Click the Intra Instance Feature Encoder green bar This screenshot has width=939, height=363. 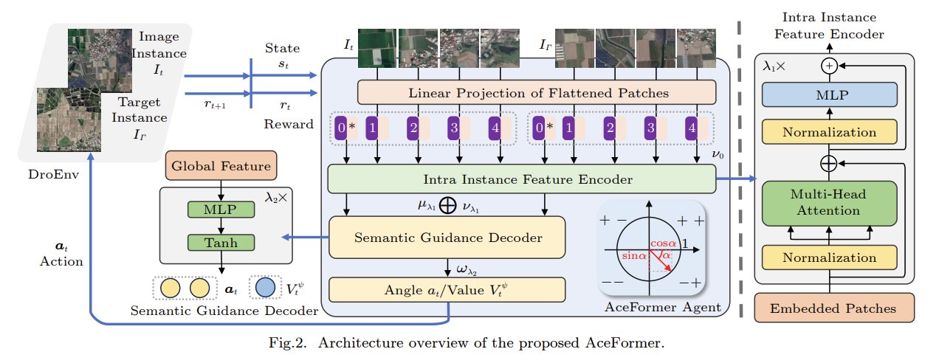(521, 179)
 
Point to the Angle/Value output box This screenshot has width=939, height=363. (447, 288)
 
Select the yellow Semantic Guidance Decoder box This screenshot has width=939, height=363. (447, 237)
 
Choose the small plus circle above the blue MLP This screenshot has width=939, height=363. (829, 66)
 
